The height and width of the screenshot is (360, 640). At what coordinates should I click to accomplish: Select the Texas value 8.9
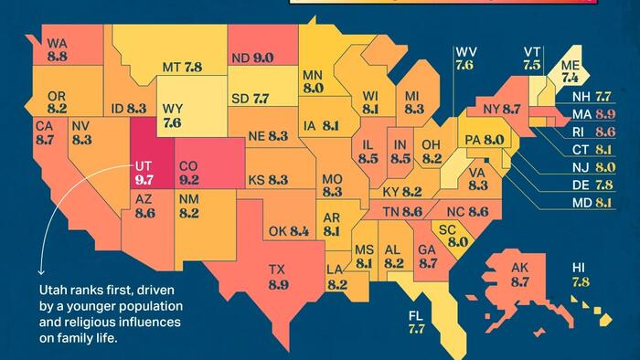(278, 285)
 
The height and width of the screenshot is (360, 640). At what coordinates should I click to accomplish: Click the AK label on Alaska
(520, 268)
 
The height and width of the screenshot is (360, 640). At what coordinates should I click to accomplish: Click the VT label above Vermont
(532, 51)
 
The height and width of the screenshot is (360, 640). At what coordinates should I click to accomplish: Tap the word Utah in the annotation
(55, 288)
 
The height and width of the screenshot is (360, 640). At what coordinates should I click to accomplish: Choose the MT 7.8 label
(182, 68)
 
